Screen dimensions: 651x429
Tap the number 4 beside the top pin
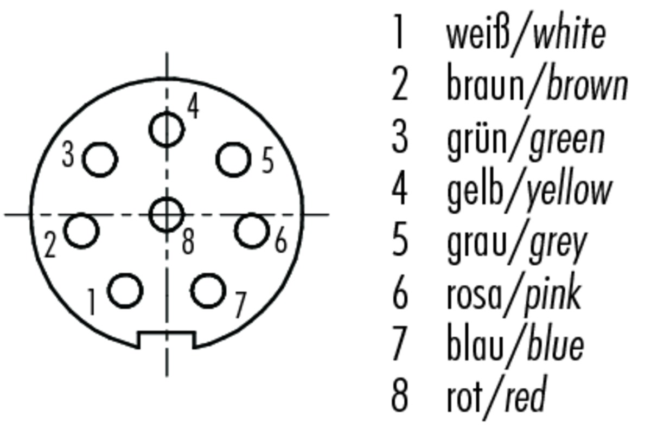pyautogui.click(x=193, y=106)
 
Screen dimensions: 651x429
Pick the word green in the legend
pyautogui.click(x=567, y=142)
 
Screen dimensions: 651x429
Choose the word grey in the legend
pyautogui.click(x=559, y=246)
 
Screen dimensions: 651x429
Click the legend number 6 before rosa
pyautogui.click(x=400, y=294)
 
